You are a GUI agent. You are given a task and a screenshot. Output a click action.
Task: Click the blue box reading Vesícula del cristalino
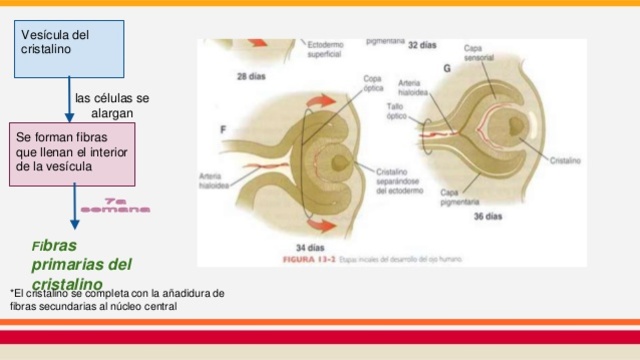(x=70, y=48)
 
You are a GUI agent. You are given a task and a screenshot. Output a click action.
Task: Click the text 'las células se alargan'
(x=112, y=105)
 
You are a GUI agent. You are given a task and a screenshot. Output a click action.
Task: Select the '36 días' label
(x=488, y=216)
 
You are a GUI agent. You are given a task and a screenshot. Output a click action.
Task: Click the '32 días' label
(x=422, y=45)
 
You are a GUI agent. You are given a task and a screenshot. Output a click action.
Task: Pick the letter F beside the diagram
(x=223, y=129)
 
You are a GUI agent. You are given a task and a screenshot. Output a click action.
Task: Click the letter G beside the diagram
(x=446, y=67)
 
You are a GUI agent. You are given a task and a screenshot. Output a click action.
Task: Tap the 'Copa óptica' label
(x=372, y=82)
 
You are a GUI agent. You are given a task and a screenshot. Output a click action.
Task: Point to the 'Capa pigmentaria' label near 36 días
(x=460, y=197)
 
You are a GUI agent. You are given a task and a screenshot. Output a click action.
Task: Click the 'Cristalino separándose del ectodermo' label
(x=402, y=181)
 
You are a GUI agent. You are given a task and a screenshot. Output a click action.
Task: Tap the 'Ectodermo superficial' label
(x=325, y=49)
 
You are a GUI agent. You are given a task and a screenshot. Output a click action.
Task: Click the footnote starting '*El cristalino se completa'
(x=115, y=298)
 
